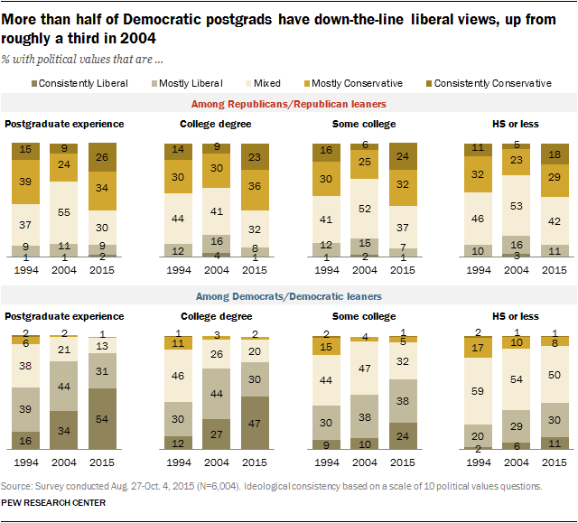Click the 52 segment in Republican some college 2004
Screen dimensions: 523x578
363,209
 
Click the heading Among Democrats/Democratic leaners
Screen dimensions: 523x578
289,296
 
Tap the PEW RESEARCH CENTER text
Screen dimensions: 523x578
53,502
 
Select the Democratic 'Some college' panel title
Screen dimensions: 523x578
365,316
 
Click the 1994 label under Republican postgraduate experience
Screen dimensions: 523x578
23,269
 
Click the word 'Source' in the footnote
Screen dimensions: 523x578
17,486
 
